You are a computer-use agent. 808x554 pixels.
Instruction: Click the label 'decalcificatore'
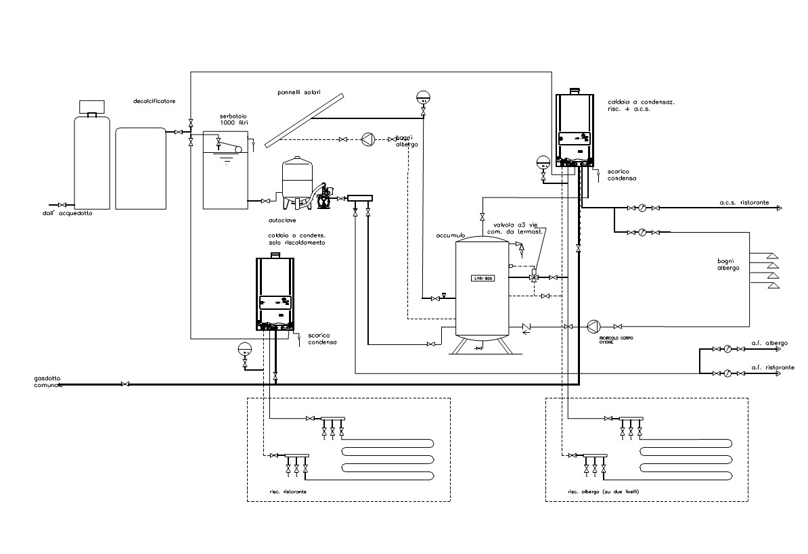[x=154, y=101]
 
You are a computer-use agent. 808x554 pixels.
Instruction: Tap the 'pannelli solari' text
[x=299, y=92]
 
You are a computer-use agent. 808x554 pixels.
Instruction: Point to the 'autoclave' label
[x=282, y=220]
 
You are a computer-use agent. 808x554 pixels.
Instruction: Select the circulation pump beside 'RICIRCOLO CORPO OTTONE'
[x=593, y=326]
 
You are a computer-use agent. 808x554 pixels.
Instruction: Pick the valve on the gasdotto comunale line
[x=125, y=385]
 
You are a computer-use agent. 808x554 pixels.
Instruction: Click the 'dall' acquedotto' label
[x=66, y=213]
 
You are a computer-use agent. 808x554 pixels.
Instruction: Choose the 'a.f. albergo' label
[x=769, y=344]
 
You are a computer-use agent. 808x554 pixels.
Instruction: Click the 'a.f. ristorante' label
[x=773, y=367]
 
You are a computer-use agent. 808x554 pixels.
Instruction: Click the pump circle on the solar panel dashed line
[x=368, y=139]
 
